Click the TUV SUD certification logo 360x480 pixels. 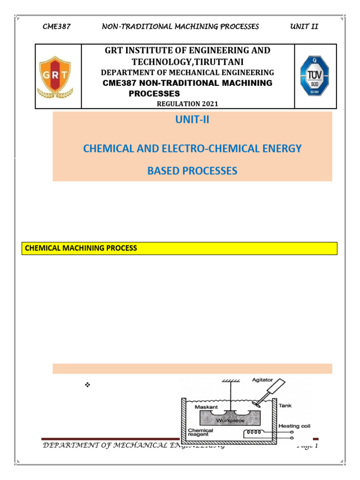tap(315, 76)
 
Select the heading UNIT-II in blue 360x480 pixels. tap(192, 120)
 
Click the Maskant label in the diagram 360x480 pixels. tap(206, 407)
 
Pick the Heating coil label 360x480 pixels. tap(295, 426)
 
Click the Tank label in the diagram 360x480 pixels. tap(285, 406)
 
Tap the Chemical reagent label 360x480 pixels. tap(200, 433)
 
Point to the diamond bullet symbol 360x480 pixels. tap(87, 385)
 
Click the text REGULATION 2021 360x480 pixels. tap(187, 104)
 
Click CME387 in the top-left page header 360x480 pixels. tap(56, 26)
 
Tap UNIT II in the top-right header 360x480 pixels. tap(304, 26)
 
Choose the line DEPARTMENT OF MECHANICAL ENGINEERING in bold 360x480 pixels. tap(187, 73)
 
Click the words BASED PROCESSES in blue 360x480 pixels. tap(192, 171)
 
